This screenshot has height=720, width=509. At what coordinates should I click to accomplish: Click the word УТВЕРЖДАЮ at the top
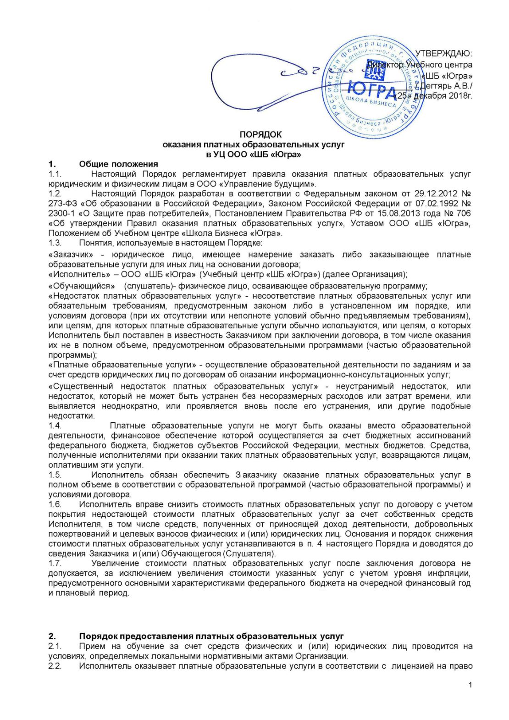pyautogui.click(x=443, y=54)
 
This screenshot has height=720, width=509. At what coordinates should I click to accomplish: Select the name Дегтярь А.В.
pyautogui.click(x=447, y=85)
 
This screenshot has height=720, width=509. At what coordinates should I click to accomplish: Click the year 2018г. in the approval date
pyautogui.click(x=460, y=95)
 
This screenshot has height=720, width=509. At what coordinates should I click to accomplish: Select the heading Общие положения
pyautogui.click(x=118, y=164)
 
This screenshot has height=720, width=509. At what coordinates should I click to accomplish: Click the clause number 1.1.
pyautogui.click(x=55, y=174)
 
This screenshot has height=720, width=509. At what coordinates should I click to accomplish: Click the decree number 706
pyautogui.click(x=464, y=214)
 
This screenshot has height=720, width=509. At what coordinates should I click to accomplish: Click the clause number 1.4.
pyautogui.click(x=55, y=426)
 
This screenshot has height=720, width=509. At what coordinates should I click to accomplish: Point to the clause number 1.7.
pyautogui.click(x=55, y=563)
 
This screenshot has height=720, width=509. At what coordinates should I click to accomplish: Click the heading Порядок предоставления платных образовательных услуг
pyautogui.click(x=211, y=636)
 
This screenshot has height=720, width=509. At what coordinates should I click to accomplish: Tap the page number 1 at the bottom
pyautogui.click(x=470, y=685)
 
